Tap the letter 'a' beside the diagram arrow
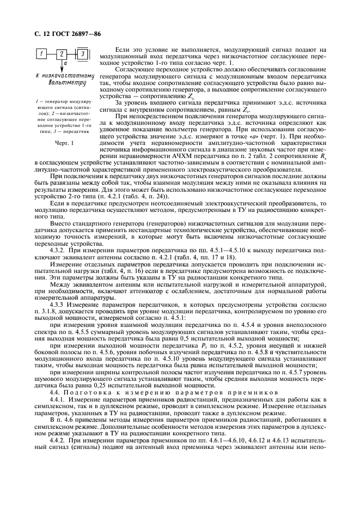tap(66, 63)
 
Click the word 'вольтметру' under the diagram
tap(62, 83)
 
